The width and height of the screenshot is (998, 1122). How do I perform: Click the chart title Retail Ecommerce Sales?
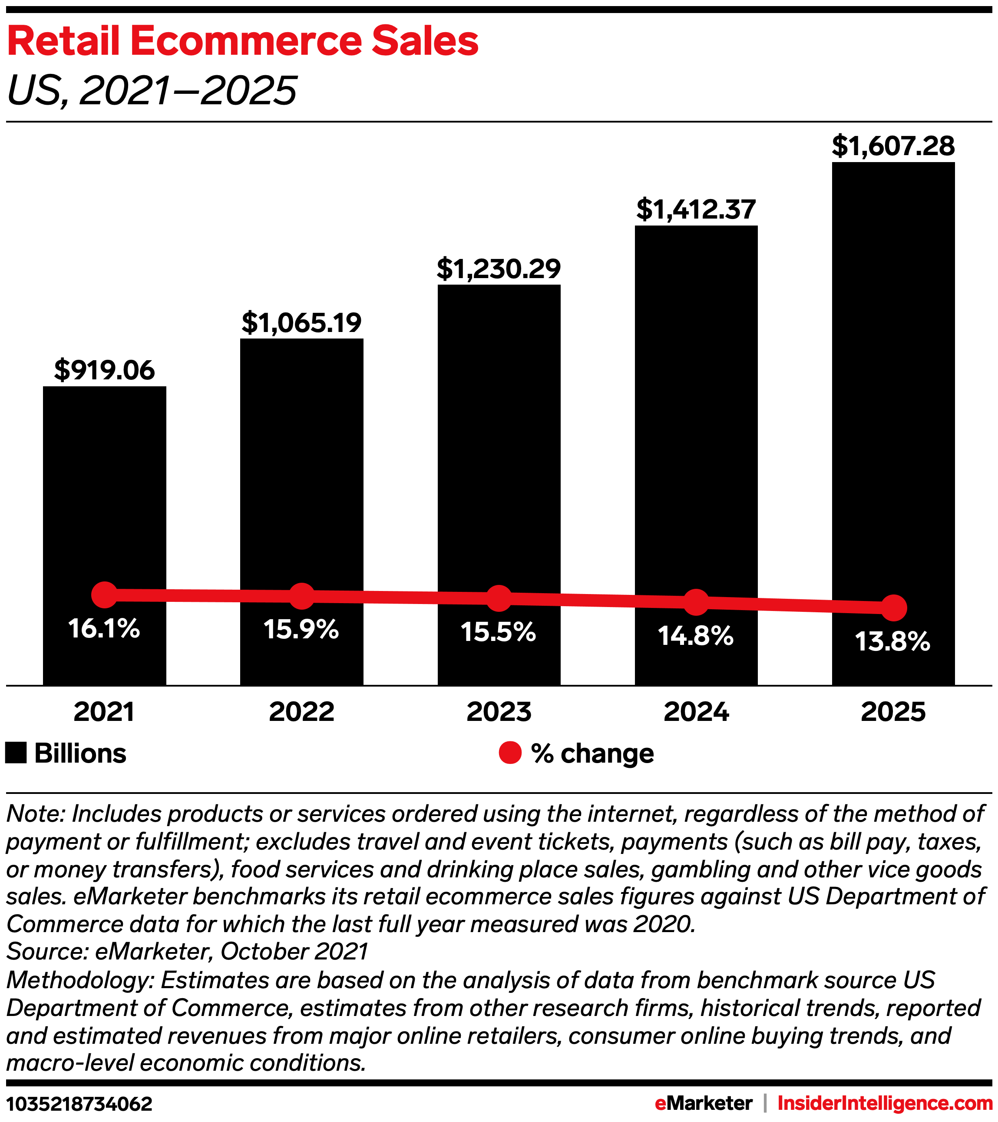(242, 41)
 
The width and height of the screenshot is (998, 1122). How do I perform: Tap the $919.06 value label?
(104, 371)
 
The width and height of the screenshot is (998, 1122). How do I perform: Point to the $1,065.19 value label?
(301, 323)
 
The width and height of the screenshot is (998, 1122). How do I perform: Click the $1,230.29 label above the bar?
(499, 269)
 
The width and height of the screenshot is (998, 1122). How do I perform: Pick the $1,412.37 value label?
(696, 210)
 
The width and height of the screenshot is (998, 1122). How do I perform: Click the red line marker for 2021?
(104, 595)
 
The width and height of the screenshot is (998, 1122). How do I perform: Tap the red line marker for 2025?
(893, 607)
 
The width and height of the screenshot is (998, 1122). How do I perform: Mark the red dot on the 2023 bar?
(499, 598)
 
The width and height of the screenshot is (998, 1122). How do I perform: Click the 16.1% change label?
(104, 628)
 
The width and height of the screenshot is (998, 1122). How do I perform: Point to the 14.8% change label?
(696, 636)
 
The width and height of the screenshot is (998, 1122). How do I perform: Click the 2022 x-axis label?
(301, 712)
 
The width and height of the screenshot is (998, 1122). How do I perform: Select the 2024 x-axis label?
(696, 712)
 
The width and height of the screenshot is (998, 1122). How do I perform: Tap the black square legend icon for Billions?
(16, 753)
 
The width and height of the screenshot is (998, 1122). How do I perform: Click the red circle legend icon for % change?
(510, 753)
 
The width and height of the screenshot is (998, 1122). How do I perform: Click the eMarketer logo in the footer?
(704, 1103)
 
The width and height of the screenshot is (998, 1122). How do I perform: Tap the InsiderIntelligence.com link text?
(884, 1103)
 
